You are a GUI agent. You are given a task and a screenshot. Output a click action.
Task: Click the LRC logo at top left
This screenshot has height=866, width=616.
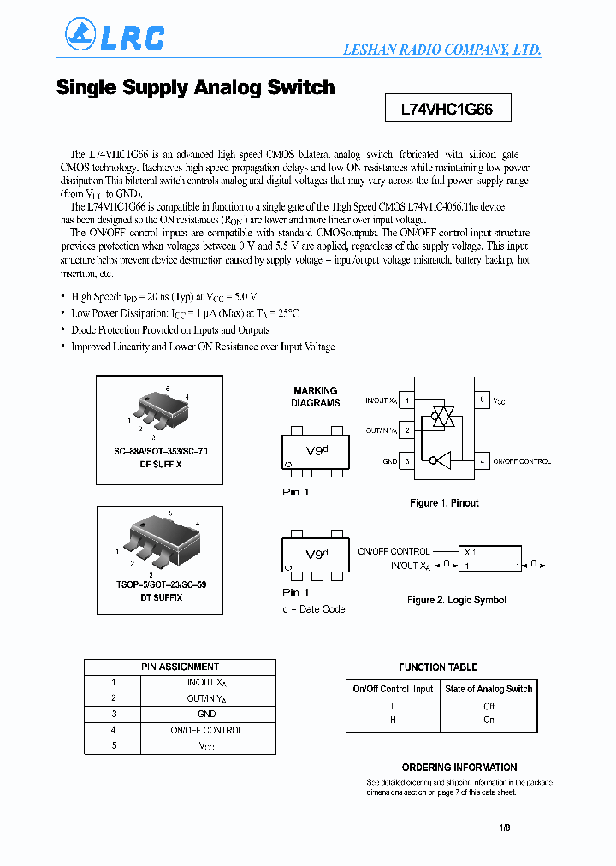click(x=115, y=35)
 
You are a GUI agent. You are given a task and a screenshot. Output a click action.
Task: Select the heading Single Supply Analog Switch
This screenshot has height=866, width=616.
click(x=195, y=87)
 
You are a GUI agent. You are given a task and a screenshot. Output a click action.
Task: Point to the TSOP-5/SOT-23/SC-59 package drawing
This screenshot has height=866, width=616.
click(x=161, y=539)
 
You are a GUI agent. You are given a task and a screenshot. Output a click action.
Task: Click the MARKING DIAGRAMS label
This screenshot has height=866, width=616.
click(x=315, y=396)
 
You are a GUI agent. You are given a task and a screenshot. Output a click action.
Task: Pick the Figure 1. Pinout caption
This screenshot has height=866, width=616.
click(x=444, y=503)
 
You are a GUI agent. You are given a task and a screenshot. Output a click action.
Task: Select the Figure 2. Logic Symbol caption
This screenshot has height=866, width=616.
click(x=457, y=600)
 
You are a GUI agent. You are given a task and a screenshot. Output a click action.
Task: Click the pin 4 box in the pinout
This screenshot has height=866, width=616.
click(x=483, y=461)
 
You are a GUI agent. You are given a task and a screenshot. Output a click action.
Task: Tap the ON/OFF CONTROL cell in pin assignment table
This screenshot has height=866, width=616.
click(x=206, y=730)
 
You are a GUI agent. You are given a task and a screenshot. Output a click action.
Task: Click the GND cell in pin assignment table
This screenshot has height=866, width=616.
click(x=206, y=714)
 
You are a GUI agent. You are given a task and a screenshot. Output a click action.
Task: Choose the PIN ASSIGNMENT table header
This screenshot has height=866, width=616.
click(x=180, y=667)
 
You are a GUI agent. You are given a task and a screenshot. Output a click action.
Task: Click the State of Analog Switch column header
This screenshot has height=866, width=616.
click(x=489, y=689)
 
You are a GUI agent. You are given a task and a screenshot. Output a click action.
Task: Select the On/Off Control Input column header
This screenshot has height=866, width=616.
click(x=393, y=689)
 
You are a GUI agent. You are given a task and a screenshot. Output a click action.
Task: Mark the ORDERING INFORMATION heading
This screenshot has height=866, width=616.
click(x=459, y=768)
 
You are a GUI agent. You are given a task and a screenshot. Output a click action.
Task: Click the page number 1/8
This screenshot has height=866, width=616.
click(x=505, y=827)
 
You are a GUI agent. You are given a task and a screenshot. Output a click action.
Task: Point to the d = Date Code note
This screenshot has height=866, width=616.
click(x=313, y=608)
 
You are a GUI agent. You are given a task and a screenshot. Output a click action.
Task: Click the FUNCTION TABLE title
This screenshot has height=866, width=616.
click(x=438, y=667)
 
